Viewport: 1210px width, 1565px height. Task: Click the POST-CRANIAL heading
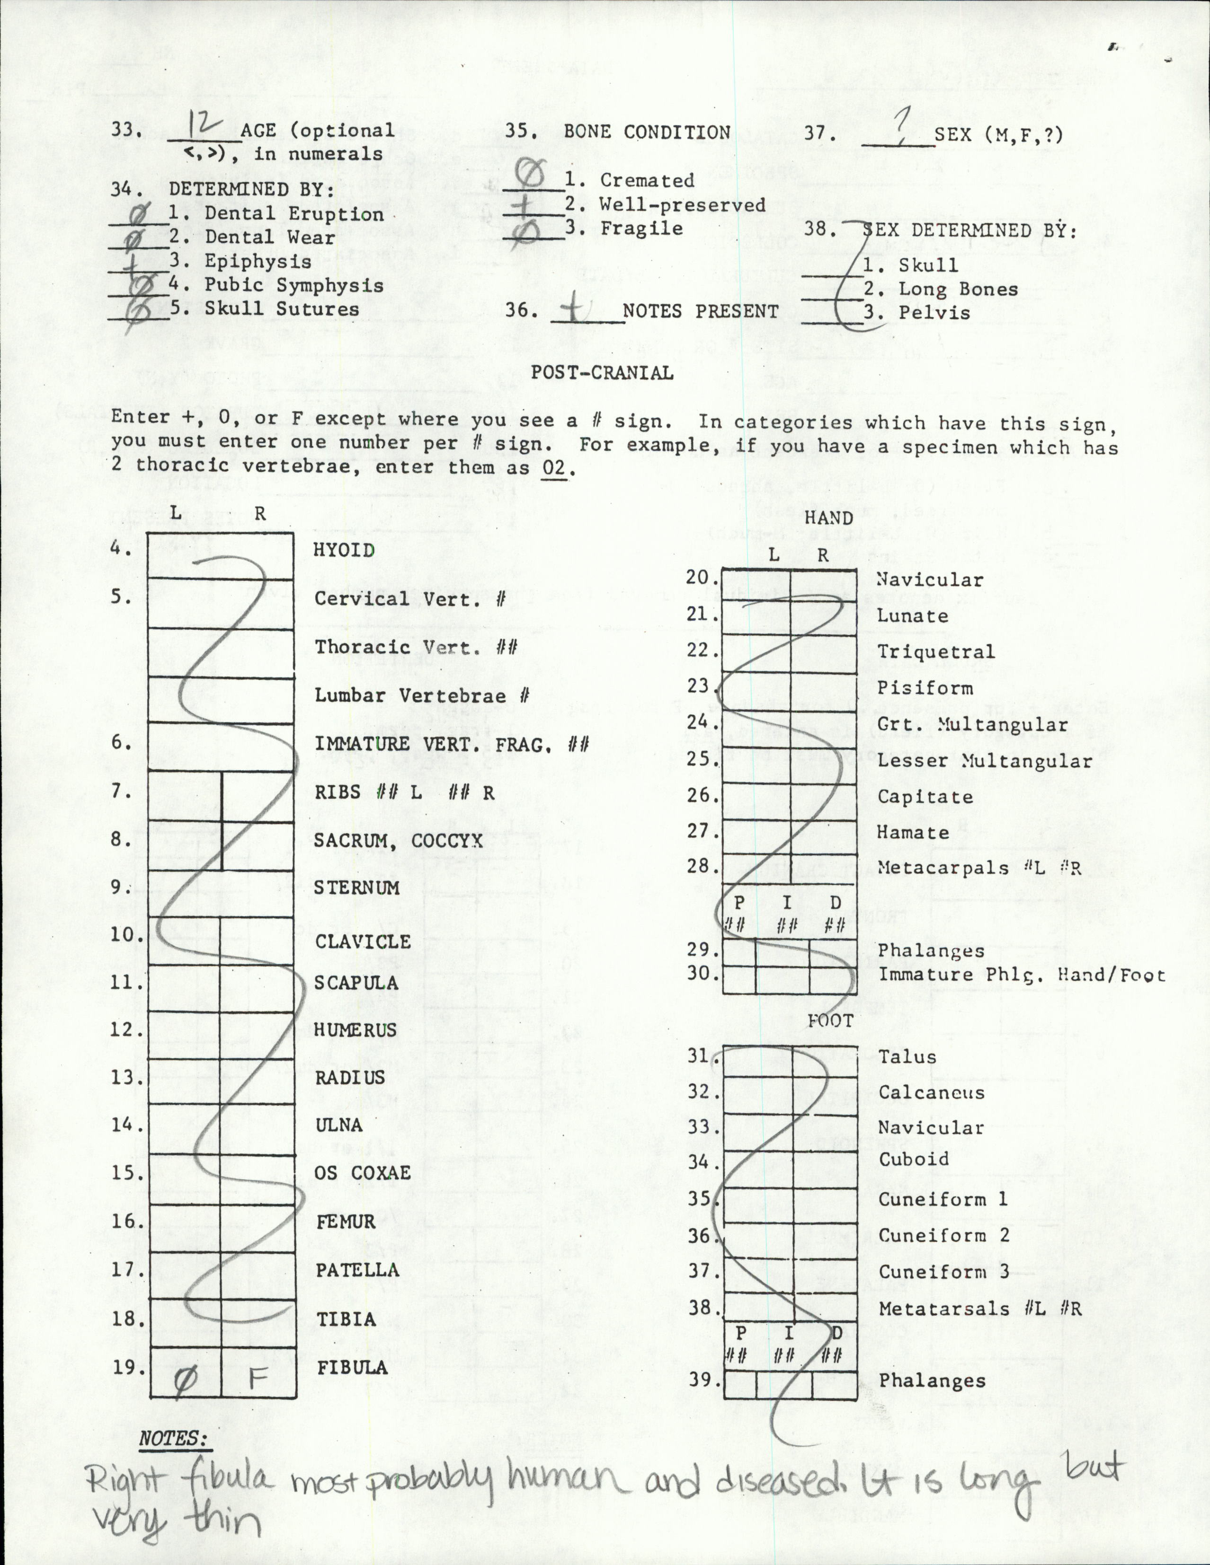pos(602,373)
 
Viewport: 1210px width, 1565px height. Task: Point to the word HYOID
pos(344,550)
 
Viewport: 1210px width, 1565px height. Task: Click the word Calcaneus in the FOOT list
pos(931,1093)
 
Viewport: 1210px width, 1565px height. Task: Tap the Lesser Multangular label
pos(984,761)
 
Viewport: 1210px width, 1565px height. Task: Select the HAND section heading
pos(828,518)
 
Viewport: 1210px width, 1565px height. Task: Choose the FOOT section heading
pos(830,1020)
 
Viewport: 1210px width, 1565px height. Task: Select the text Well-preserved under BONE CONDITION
pos(683,205)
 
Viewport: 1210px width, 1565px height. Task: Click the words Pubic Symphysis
pos(294,285)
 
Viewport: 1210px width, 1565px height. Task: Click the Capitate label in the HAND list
pos(925,797)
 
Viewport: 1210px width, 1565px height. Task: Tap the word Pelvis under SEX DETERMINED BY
pos(934,313)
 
